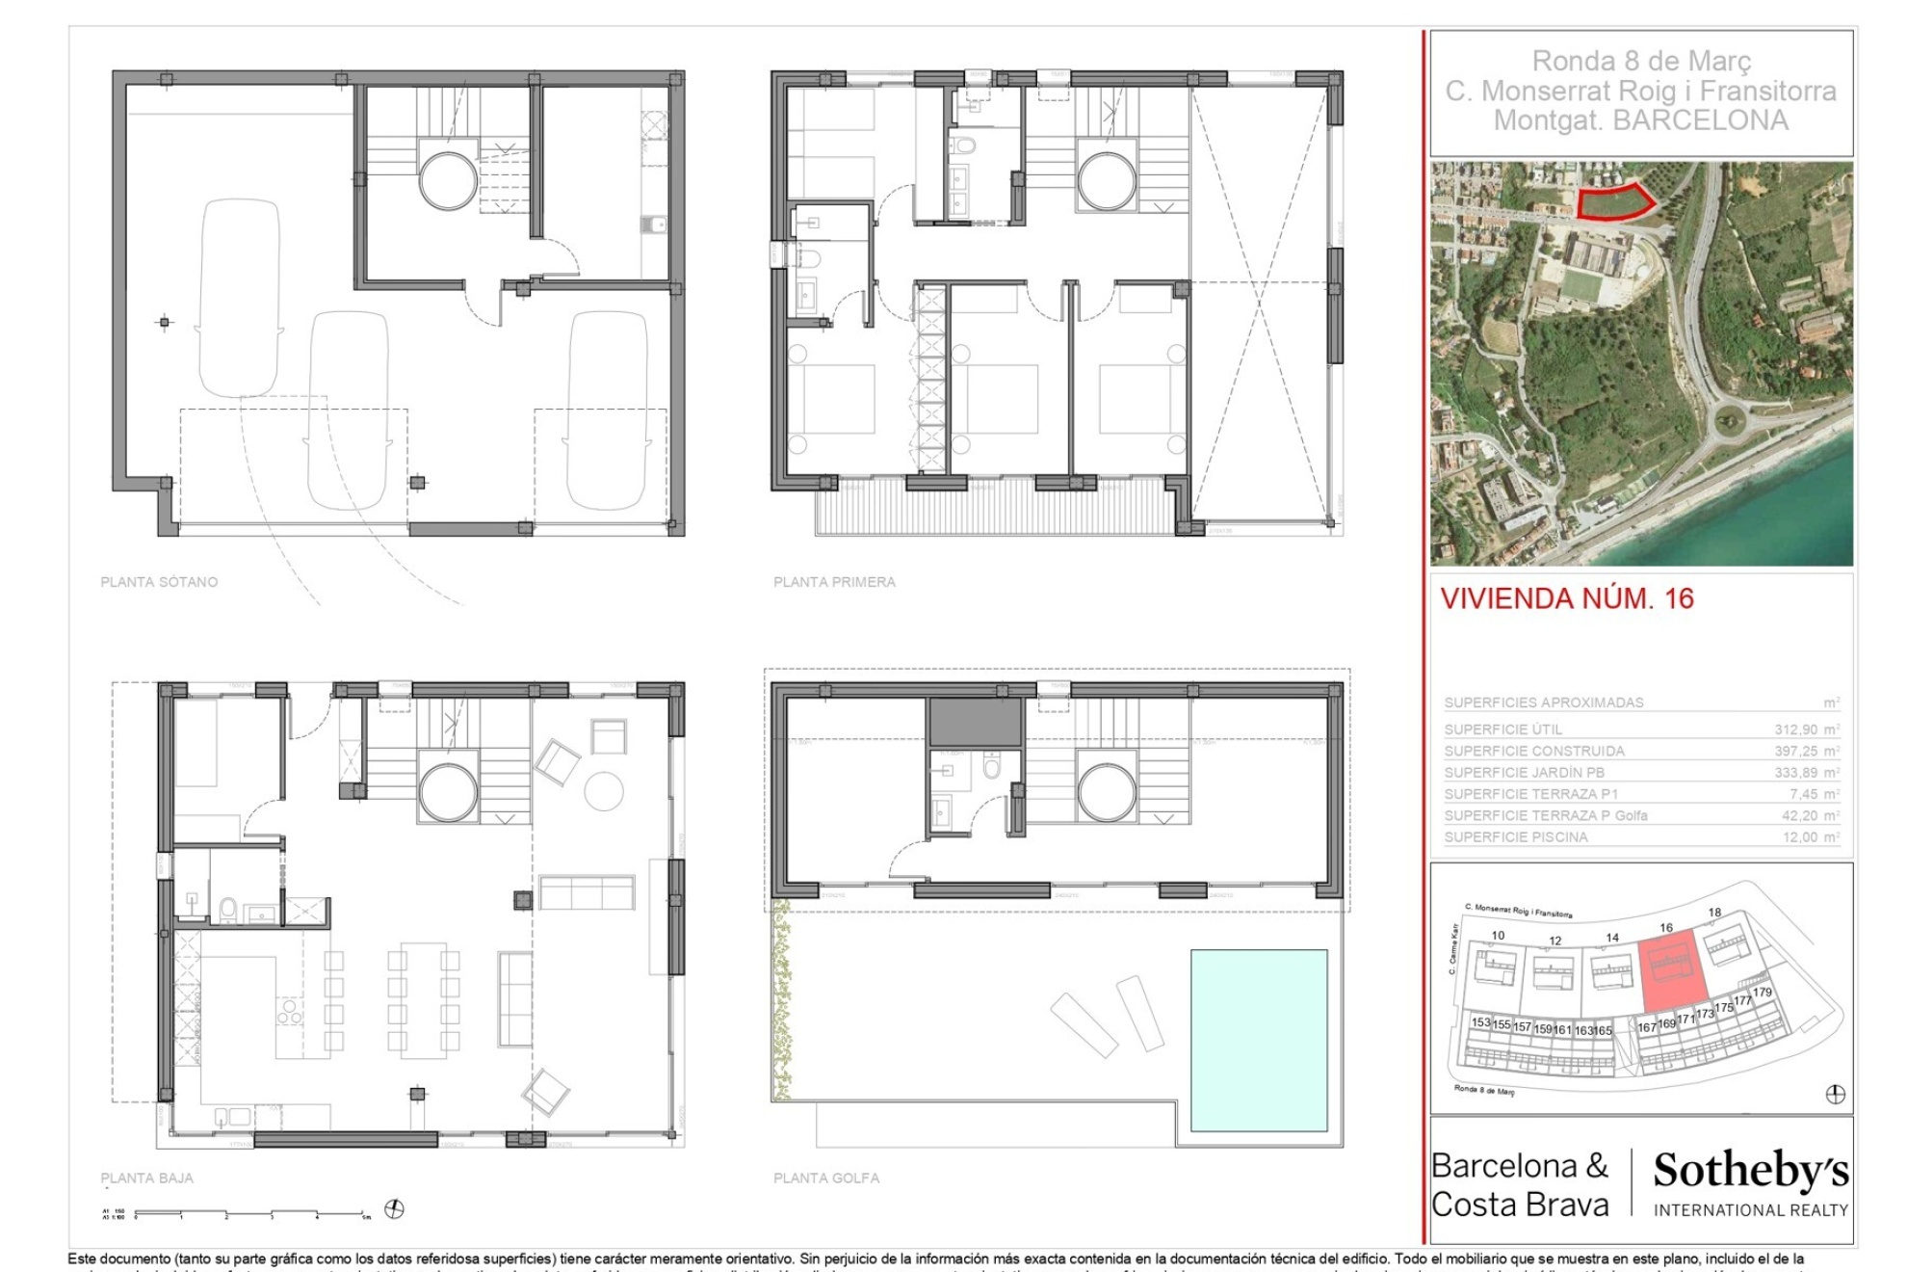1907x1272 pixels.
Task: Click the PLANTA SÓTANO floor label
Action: click(x=159, y=582)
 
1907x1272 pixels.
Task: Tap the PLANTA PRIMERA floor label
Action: click(x=834, y=582)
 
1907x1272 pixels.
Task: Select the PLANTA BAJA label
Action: click(x=146, y=1178)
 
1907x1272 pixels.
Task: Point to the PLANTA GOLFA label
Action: click(x=826, y=1178)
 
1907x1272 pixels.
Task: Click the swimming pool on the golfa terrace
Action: click(x=1259, y=1041)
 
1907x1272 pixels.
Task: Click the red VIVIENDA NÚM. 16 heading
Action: click(x=1567, y=598)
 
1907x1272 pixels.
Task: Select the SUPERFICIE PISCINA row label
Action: click(x=1516, y=837)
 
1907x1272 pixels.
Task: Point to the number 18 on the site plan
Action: click(x=1714, y=913)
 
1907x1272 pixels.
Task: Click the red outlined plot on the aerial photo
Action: click(x=1615, y=202)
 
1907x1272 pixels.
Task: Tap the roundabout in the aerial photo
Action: click(x=1730, y=420)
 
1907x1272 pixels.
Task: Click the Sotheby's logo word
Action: click(x=1751, y=1171)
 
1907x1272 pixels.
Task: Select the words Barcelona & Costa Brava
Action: click(x=1520, y=1185)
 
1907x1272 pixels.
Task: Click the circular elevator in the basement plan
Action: click(x=448, y=180)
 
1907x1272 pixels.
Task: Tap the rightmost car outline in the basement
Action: click(x=606, y=410)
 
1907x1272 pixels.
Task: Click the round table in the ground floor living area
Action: click(x=604, y=791)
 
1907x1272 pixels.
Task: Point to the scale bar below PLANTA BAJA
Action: click(x=250, y=1212)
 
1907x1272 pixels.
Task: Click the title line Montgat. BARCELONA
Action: click(x=1640, y=120)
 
